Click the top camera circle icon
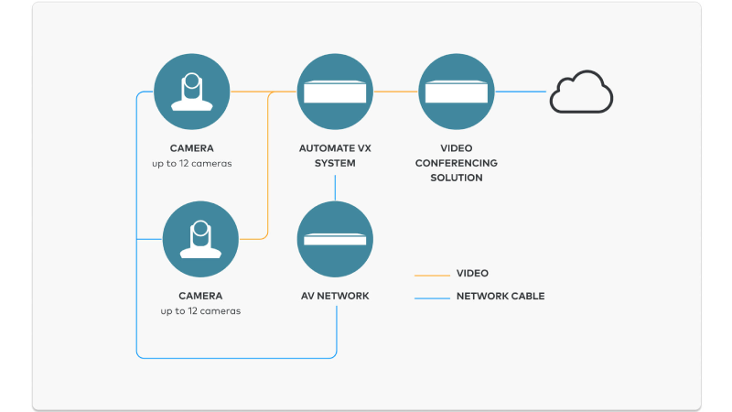(192, 92)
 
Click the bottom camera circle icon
(200, 239)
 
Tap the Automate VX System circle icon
(336, 92)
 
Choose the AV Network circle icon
(336, 239)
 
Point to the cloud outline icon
(581, 93)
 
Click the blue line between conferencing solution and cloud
(521, 92)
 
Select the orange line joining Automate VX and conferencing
(396, 92)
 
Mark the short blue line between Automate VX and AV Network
(336, 188)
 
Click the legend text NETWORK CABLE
(500, 297)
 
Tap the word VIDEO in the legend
(472, 273)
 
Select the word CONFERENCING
(456, 163)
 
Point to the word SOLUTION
(456, 178)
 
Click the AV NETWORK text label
(335, 296)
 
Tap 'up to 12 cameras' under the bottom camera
(200, 311)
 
